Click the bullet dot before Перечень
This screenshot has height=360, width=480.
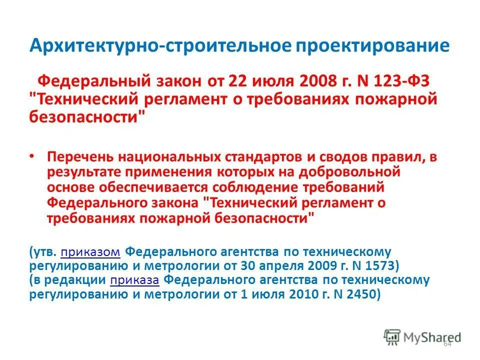[x=32, y=156]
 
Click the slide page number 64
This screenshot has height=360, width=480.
[x=447, y=344]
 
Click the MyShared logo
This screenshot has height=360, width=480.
[x=422, y=336]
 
